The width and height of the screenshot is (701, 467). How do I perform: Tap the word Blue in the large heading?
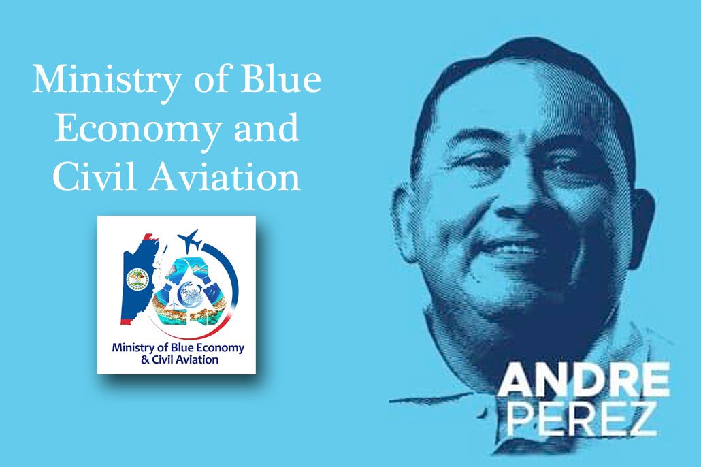tap(281, 79)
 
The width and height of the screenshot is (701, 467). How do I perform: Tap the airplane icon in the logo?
tap(189, 241)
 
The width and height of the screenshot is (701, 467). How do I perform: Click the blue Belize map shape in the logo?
tap(140, 278)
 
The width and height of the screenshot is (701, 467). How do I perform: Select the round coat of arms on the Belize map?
tap(137, 278)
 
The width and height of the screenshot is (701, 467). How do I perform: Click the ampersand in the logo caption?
tap(145, 359)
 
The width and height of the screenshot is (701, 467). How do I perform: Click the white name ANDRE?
tap(584, 379)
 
